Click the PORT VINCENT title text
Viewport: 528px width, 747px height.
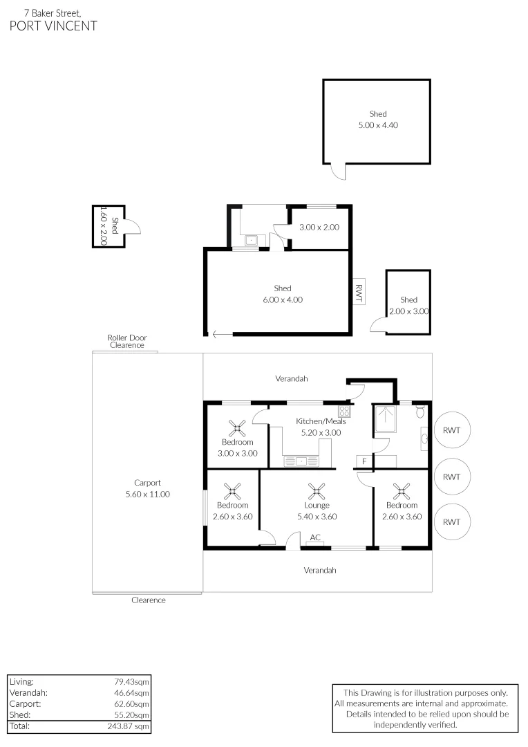click(53, 26)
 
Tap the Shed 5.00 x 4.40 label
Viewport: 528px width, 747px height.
click(377, 120)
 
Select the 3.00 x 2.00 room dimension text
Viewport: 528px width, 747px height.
click(319, 227)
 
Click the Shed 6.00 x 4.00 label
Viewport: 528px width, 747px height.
click(282, 294)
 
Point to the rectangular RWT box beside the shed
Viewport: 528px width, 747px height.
click(359, 289)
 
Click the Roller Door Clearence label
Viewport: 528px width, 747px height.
click(127, 341)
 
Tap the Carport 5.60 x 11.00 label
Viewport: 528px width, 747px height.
click(147, 488)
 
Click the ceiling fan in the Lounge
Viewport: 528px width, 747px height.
click(317, 491)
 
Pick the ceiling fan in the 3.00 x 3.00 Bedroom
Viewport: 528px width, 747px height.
click(238, 427)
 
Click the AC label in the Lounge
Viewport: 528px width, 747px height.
click(315, 537)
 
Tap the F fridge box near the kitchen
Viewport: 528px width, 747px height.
click(364, 461)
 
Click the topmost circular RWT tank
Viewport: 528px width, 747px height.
click(451, 430)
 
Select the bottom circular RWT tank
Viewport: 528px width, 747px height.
click(451, 522)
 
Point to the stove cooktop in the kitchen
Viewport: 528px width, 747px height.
click(344, 411)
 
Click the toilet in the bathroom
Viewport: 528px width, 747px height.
click(421, 412)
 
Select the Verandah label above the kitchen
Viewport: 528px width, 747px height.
click(291, 379)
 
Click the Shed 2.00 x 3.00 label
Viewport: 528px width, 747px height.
click(408, 306)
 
